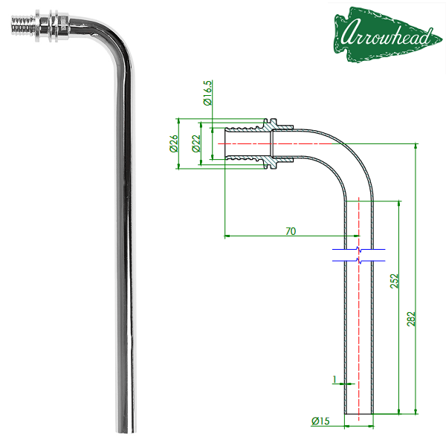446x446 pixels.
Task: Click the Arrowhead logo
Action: click(x=387, y=34)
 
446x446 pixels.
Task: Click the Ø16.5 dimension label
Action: click(x=207, y=93)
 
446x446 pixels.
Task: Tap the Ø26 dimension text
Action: click(x=173, y=143)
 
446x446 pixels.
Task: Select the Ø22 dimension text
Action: click(x=196, y=143)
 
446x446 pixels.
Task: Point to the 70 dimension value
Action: click(x=291, y=231)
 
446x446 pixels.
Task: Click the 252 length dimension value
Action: click(x=394, y=281)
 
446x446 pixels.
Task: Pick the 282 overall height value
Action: click(x=411, y=319)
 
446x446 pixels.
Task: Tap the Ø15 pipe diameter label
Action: click(x=320, y=421)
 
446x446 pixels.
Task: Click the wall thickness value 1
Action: click(x=334, y=379)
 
